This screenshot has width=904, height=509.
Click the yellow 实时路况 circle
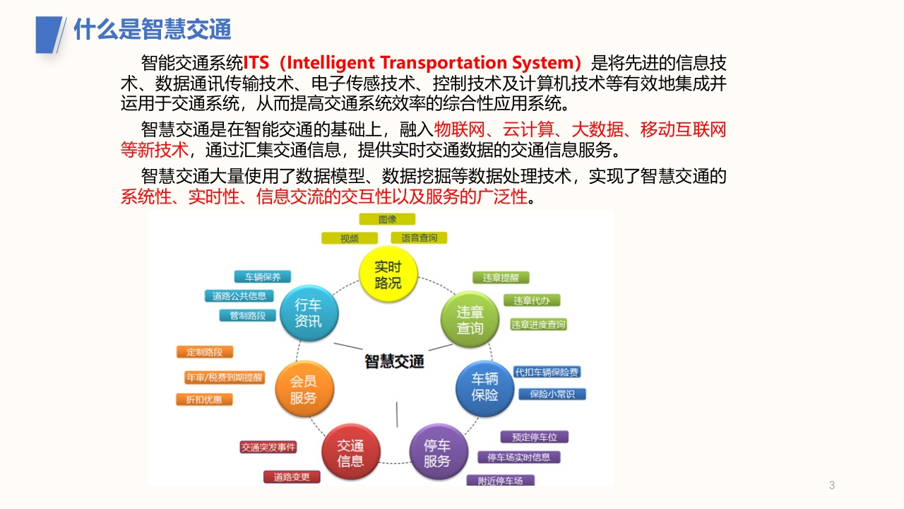click(388, 274)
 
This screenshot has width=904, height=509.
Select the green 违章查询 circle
click(470, 320)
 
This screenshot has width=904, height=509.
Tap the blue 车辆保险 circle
click(484, 388)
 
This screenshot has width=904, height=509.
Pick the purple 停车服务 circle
click(439, 452)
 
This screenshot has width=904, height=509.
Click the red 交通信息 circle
click(351, 452)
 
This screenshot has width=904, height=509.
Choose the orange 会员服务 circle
click(304, 389)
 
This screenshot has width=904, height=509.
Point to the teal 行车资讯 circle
click(309, 313)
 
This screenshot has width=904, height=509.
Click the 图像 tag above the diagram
click(387, 219)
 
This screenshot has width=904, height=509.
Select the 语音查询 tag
click(419, 238)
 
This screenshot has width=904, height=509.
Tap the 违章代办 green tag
click(532, 300)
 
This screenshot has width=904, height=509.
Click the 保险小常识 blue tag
click(552, 394)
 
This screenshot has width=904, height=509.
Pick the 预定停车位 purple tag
click(535, 437)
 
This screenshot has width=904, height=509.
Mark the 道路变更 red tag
click(292, 477)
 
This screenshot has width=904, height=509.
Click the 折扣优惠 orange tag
click(204, 399)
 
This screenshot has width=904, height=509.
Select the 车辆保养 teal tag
click(263, 277)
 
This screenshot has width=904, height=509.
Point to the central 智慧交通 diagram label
click(394, 361)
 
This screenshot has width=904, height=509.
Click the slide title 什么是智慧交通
click(152, 29)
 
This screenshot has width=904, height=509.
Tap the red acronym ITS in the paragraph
click(256, 63)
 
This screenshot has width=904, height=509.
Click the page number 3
click(832, 485)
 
